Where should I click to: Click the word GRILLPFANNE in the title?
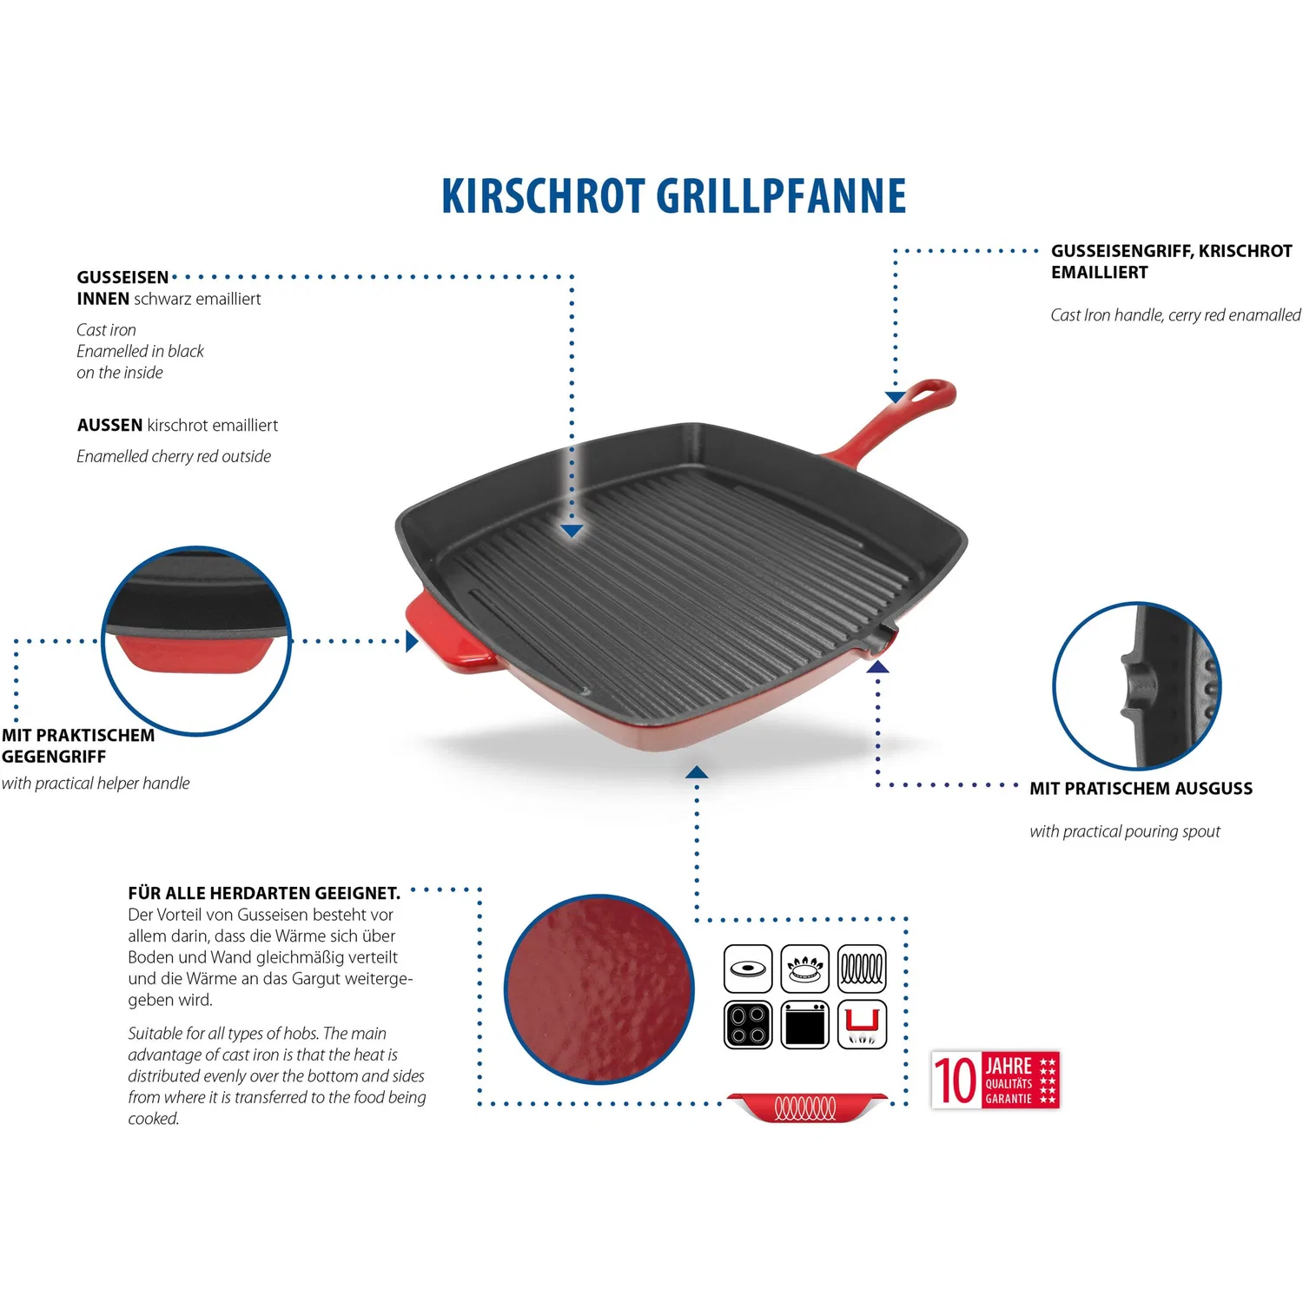(781, 196)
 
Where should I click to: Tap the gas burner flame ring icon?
(804, 969)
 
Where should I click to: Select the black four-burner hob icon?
(748, 1025)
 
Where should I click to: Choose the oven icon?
(804, 1025)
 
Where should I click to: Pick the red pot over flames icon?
(862, 1025)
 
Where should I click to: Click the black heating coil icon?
(862, 969)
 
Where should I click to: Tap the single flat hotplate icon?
(748, 969)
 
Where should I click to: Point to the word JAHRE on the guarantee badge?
(1009, 1066)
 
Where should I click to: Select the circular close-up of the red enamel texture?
(599, 989)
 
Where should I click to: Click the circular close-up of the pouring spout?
(1137, 685)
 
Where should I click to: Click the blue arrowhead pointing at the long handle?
(896, 397)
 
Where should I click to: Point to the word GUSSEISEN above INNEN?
(122, 278)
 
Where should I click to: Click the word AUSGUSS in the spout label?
(1214, 789)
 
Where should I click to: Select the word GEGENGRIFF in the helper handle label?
(54, 757)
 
